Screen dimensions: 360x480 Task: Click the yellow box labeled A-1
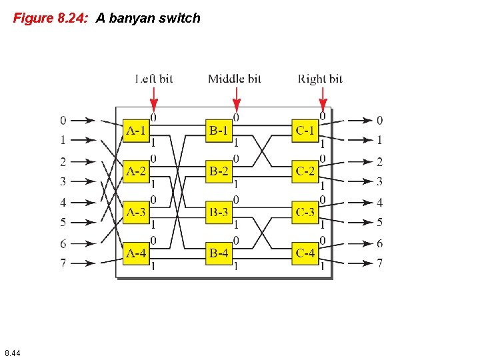pyautogui.click(x=136, y=131)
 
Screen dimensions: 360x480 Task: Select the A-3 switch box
pyautogui.click(x=136, y=213)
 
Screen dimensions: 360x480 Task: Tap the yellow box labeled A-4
pyautogui.click(x=136, y=253)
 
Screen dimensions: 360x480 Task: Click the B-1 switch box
pyautogui.click(x=219, y=131)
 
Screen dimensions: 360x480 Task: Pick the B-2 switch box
pyautogui.click(x=219, y=171)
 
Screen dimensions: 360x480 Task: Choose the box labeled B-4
pyautogui.click(x=219, y=253)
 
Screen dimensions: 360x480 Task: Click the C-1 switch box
pyautogui.click(x=305, y=131)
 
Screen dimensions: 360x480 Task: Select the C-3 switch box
pyautogui.click(x=305, y=213)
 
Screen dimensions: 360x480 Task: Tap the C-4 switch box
pyautogui.click(x=305, y=253)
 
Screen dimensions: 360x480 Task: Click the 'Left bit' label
pyautogui.click(x=154, y=79)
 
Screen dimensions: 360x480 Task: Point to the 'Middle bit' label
pyautogui.click(x=235, y=79)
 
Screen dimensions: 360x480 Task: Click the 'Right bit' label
pyautogui.click(x=320, y=79)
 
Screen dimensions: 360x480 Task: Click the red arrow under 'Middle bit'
pyautogui.click(x=236, y=98)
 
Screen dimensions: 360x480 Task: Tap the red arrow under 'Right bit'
pyautogui.click(x=323, y=98)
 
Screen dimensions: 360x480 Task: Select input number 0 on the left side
pyautogui.click(x=63, y=121)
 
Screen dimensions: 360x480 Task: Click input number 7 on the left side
pyautogui.click(x=63, y=263)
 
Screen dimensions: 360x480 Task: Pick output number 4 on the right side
pyautogui.click(x=379, y=202)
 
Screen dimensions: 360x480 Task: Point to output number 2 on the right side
pyautogui.click(x=379, y=161)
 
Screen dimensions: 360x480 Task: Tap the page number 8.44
pyautogui.click(x=12, y=352)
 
